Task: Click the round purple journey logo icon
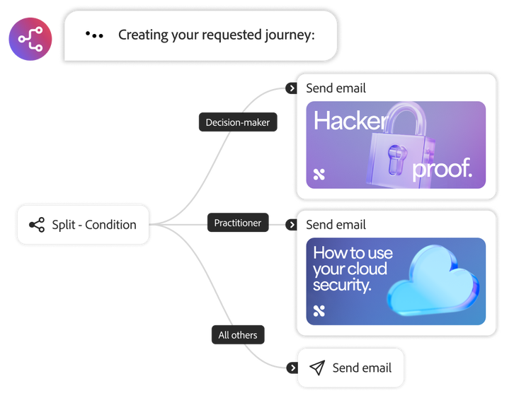click(x=30, y=39)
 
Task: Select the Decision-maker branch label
click(x=237, y=122)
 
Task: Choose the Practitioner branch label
click(x=237, y=223)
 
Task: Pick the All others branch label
click(x=237, y=334)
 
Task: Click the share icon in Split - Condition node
click(x=37, y=225)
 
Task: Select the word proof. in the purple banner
click(x=442, y=169)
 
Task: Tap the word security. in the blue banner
click(x=343, y=285)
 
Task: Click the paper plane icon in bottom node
click(x=318, y=368)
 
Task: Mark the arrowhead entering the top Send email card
click(x=292, y=88)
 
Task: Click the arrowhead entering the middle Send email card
click(x=292, y=225)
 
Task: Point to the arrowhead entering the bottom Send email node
click(x=292, y=368)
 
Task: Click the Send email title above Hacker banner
click(x=336, y=88)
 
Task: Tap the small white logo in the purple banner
click(x=319, y=174)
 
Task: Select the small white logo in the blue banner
click(x=319, y=310)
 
